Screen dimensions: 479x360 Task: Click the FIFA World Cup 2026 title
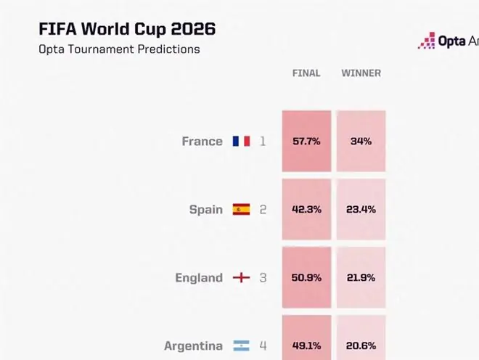point(127,30)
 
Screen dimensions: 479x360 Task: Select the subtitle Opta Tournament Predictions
point(119,49)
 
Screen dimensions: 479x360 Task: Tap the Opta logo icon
point(427,41)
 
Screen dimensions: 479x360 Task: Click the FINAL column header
point(306,73)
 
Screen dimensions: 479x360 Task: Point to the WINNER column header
point(361,73)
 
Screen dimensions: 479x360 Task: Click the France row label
point(202,142)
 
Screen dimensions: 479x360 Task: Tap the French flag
point(242,142)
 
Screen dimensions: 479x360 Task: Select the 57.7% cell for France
point(306,142)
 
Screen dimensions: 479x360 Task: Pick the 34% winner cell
point(361,142)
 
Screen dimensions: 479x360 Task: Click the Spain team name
point(206,210)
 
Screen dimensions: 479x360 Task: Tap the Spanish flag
point(242,209)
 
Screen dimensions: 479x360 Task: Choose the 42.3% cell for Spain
point(306,209)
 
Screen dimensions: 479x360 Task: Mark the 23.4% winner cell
point(361,209)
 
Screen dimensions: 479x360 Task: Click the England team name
point(199,278)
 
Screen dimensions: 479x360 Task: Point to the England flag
point(242,277)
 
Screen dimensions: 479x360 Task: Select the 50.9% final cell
point(306,277)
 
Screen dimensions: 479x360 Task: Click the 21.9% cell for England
point(361,277)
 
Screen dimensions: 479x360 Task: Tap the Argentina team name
point(193,346)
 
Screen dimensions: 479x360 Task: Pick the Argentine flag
point(242,345)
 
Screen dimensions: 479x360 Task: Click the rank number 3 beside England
point(263,278)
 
